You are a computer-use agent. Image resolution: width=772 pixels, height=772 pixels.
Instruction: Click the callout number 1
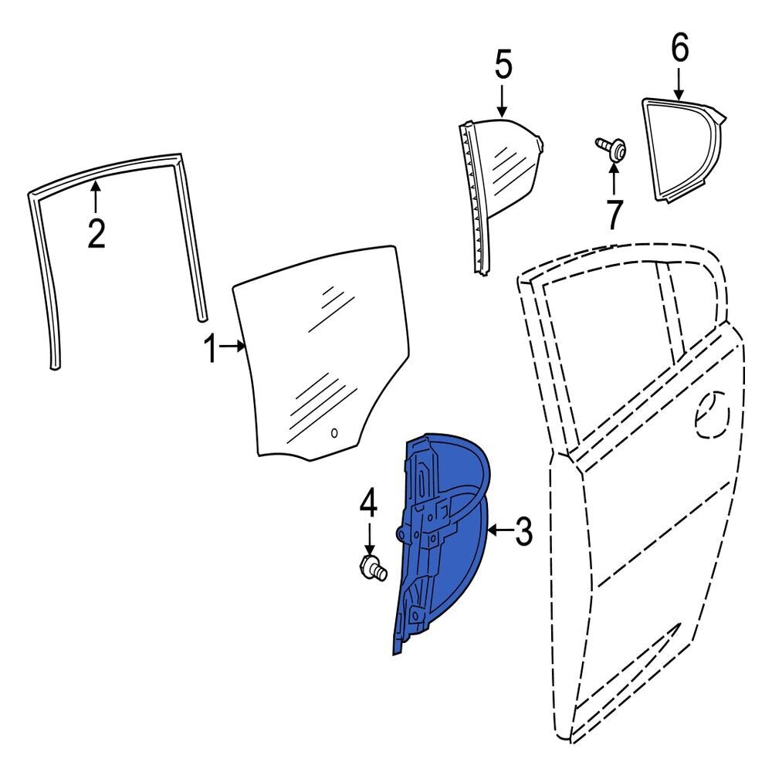pos(211,348)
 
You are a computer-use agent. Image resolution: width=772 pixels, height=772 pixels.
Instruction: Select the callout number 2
pos(96,233)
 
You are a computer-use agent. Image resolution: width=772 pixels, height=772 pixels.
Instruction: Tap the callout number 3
pos(524,531)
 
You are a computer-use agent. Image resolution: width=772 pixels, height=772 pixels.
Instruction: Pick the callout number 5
pos(503,63)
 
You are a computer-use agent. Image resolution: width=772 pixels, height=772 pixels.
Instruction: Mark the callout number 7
pos(615,215)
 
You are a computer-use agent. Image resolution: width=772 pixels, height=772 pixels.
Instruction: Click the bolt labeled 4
pos(374,567)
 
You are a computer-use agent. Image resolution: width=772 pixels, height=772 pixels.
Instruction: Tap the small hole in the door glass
pos(334,433)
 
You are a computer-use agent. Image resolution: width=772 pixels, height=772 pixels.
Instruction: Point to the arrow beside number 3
pos(500,530)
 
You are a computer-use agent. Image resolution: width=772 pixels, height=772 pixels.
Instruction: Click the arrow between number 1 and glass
pos(232,347)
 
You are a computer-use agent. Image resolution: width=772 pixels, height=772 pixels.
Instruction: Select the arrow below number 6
pos(679,83)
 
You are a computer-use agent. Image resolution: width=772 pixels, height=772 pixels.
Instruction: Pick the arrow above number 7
pos(614,179)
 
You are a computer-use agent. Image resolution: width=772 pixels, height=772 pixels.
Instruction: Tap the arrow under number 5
pos(502,102)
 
